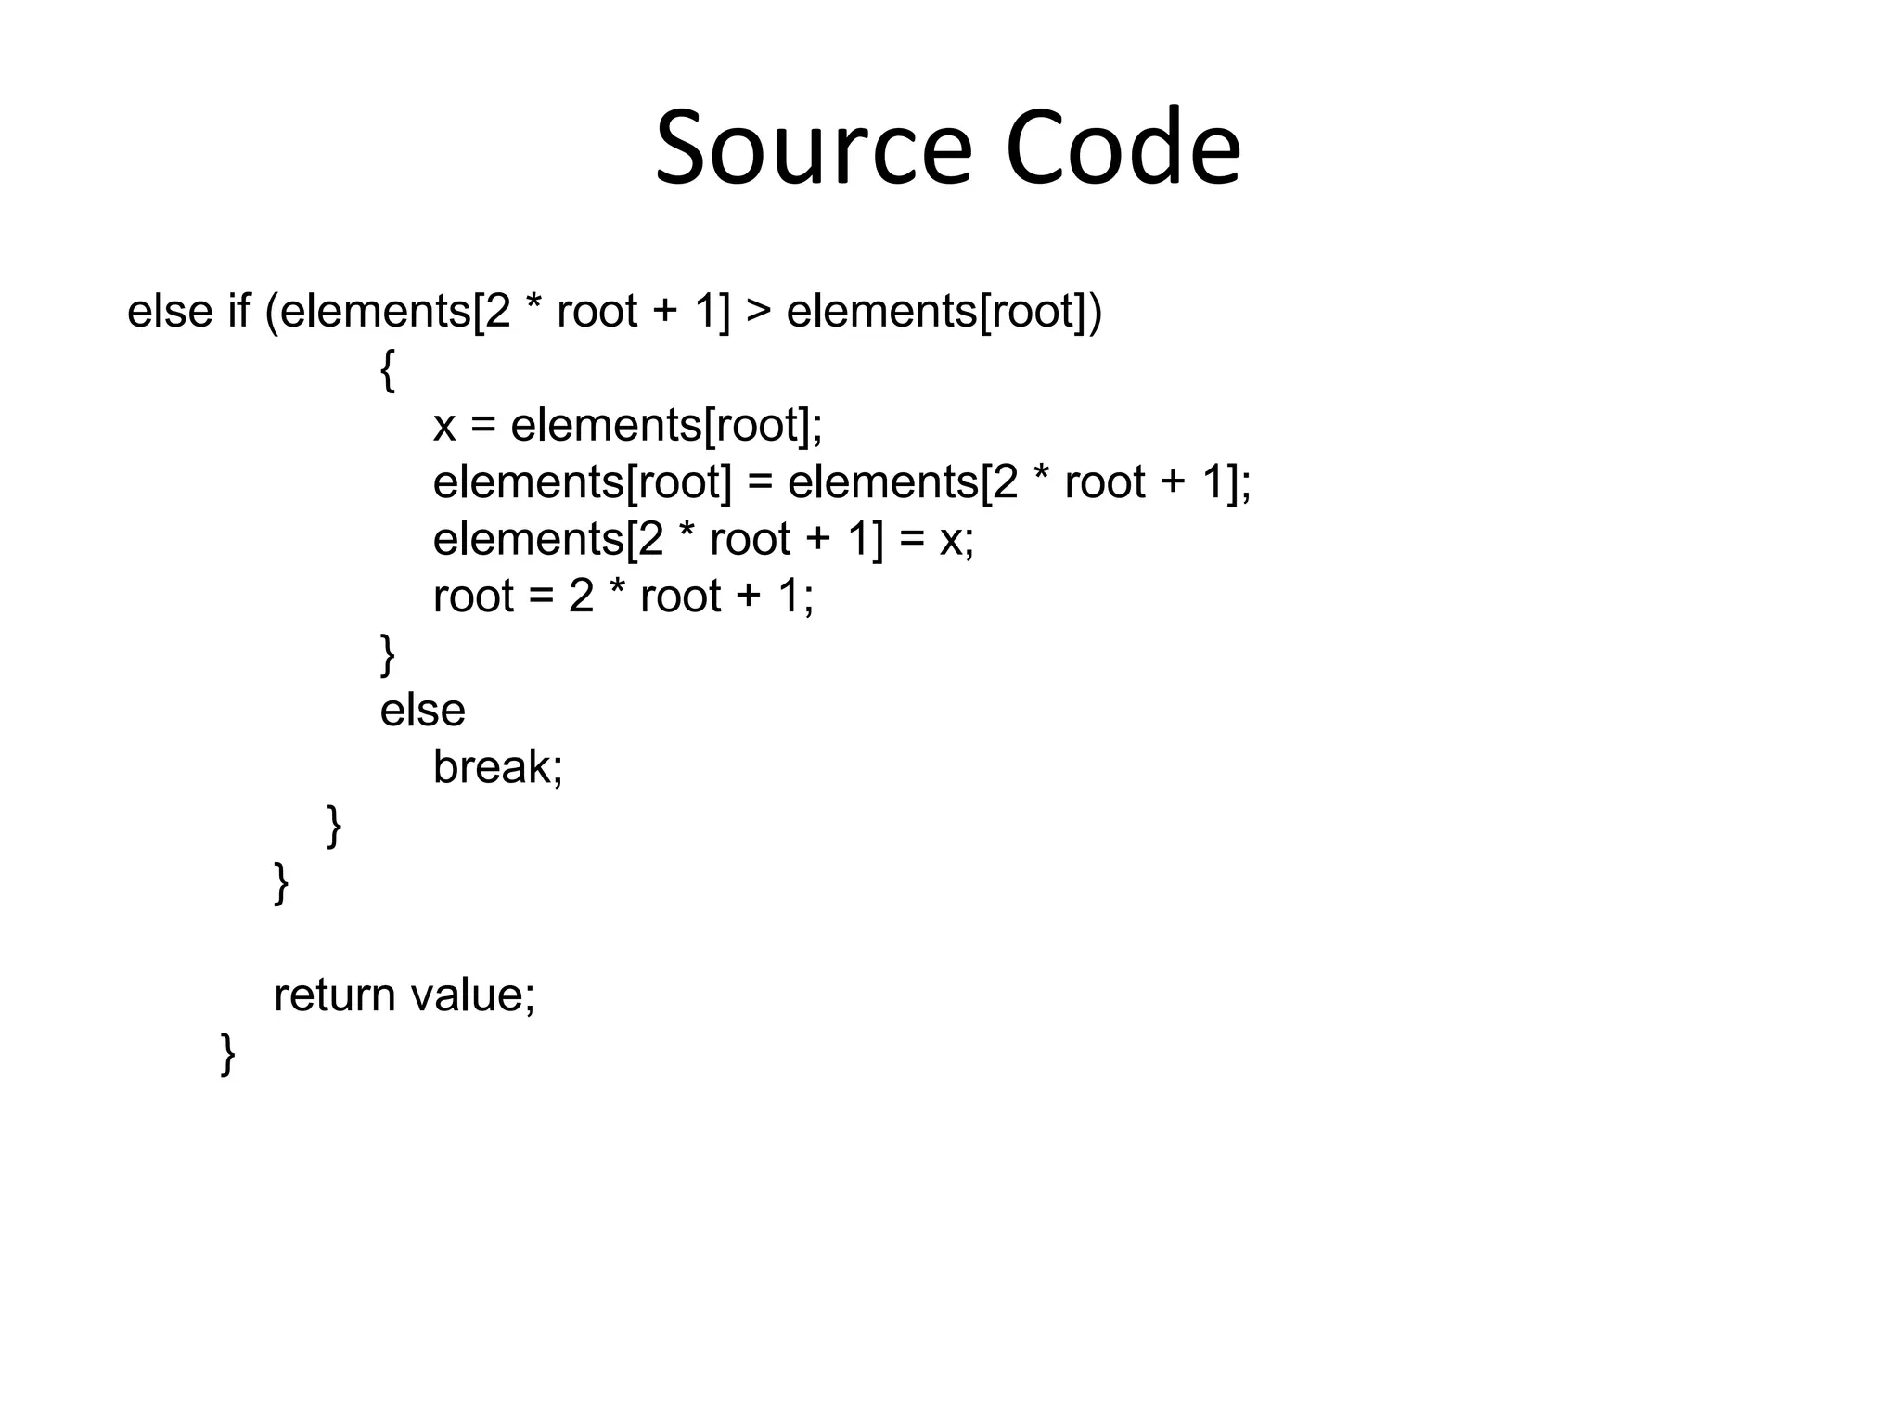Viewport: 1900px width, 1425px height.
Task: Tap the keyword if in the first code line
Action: point(238,311)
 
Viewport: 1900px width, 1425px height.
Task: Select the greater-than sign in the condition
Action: point(758,311)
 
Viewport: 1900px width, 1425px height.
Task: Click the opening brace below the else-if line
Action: point(388,370)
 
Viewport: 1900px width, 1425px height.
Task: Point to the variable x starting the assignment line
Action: point(444,426)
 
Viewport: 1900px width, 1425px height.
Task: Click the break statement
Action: point(497,767)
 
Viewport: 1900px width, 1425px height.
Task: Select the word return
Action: point(334,995)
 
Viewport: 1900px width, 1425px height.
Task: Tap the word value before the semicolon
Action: point(467,995)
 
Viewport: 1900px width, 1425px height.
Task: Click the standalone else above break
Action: point(422,711)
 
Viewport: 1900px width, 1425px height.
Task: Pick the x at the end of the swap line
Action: point(951,540)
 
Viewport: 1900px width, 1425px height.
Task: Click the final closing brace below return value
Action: point(228,1055)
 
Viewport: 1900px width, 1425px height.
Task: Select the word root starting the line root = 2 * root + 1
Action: point(473,597)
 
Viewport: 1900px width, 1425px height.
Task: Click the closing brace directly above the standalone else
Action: point(388,655)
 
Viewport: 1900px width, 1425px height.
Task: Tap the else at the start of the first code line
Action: point(170,311)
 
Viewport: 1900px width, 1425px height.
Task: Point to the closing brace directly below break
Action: point(335,827)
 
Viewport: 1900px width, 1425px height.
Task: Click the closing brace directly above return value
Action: point(281,883)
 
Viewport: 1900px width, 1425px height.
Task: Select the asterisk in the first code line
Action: point(533,307)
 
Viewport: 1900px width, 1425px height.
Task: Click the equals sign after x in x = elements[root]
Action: point(483,427)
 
